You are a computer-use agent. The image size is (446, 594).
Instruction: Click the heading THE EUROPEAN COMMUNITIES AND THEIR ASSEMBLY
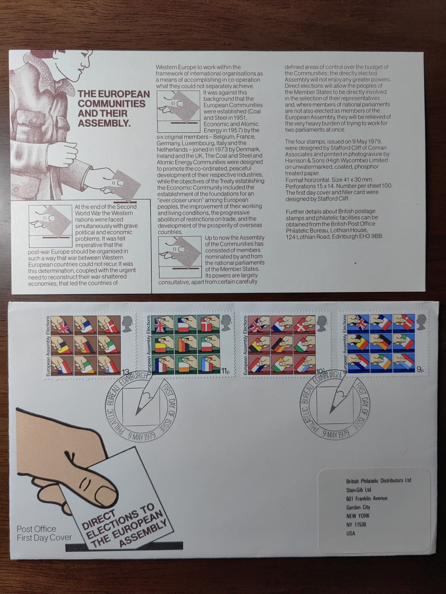pos(113,108)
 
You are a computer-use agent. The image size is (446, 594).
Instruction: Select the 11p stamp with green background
pos(189,345)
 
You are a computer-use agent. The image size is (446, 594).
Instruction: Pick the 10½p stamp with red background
pos(286,345)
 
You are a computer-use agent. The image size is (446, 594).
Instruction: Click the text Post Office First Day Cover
pos(44,533)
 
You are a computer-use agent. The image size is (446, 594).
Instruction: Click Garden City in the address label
pos(358,507)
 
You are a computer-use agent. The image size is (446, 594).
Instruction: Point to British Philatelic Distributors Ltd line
pos(378,481)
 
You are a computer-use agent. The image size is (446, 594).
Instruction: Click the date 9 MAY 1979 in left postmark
pos(142,437)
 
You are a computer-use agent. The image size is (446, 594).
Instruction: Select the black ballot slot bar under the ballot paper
pos(124,547)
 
